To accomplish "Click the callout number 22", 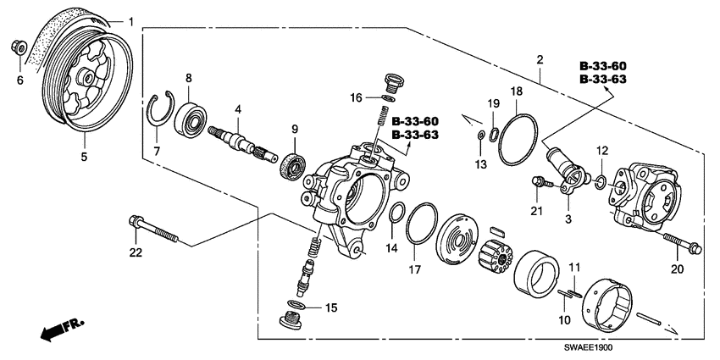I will point(136,252).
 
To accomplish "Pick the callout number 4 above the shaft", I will point(239,109).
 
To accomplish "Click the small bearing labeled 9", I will point(291,164).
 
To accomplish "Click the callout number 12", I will point(602,150).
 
